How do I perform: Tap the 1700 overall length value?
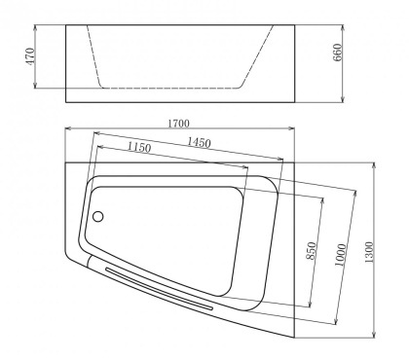click(179, 123)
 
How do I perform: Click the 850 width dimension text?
click(311, 251)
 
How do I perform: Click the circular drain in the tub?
click(96, 217)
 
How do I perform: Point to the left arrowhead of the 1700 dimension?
click(68, 129)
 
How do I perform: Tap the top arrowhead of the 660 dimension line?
click(347, 26)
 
